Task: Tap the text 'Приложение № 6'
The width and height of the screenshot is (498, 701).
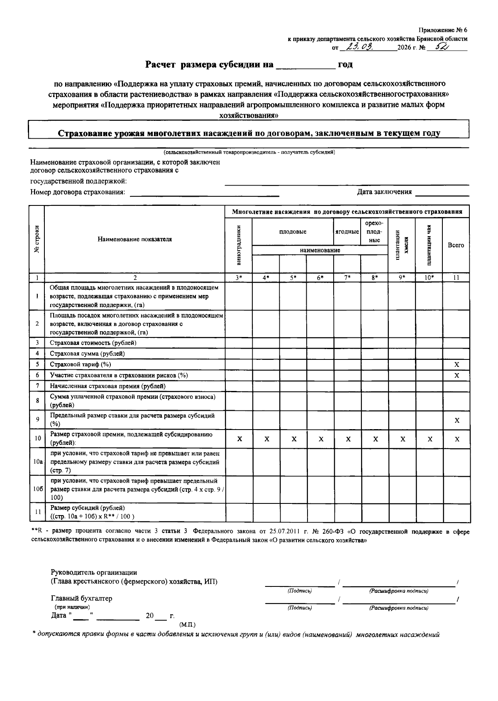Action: (442, 30)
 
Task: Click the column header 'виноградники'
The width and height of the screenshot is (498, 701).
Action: (239, 245)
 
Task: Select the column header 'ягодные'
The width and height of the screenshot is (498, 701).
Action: (347, 232)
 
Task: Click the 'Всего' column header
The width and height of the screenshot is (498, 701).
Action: (456, 245)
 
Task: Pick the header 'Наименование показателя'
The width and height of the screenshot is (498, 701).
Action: (134, 239)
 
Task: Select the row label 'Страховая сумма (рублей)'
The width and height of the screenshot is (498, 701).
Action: (87, 354)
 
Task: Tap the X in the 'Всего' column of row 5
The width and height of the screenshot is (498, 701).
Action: (456, 364)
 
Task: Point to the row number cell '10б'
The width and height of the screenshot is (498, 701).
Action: (37, 489)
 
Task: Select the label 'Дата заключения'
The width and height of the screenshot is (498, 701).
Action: (384, 192)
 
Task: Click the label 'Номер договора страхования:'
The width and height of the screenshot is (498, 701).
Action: (78, 192)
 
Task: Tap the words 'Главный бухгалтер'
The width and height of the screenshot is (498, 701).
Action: (81, 598)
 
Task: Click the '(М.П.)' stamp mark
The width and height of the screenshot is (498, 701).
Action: (187, 625)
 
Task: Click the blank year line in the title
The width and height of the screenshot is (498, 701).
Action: (305, 65)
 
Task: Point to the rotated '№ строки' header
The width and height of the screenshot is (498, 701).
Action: (37, 239)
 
